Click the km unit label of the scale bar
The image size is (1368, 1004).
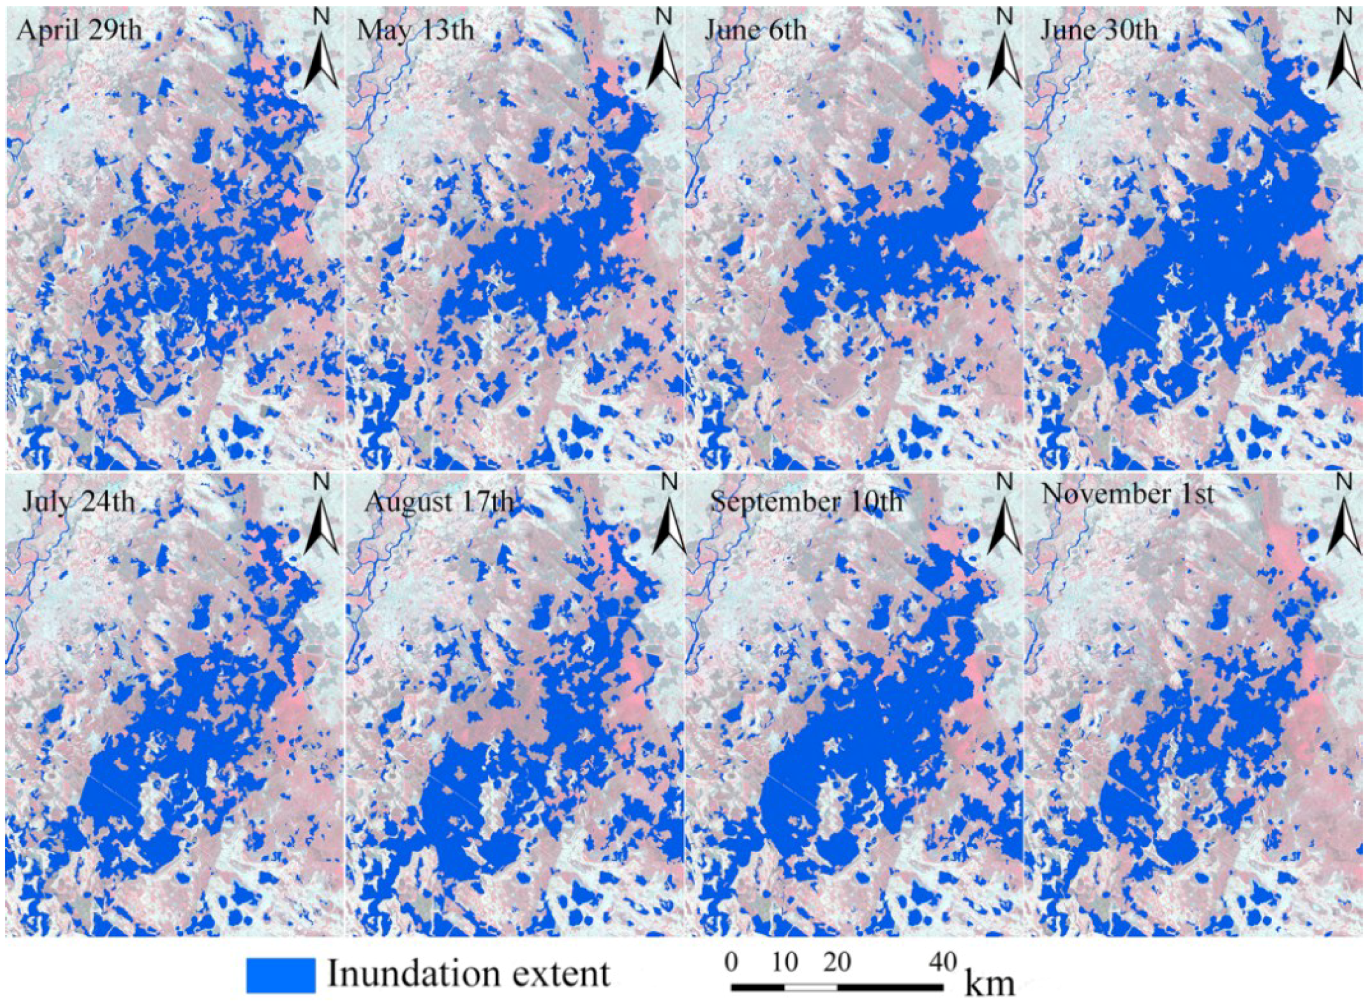click(x=989, y=983)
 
